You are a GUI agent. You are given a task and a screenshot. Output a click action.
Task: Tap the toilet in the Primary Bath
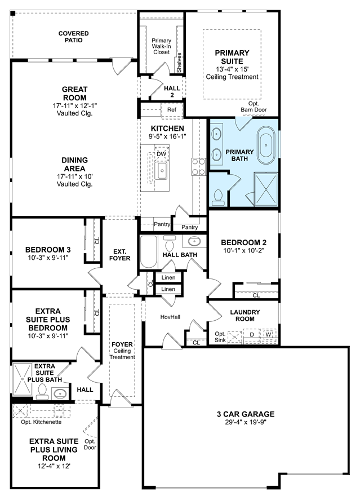tap(218, 198)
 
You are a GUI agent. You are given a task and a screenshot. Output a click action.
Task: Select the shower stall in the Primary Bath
tap(266, 189)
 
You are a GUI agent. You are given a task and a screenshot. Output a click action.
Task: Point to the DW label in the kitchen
tap(162, 154)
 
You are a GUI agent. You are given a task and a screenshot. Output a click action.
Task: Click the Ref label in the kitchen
tap(172, 110)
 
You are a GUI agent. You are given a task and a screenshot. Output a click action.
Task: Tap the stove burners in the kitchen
tap(198, 167)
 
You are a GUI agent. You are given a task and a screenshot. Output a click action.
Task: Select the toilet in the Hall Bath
tap(170, 243)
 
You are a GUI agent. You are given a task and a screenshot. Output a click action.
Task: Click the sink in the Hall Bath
tap(194, 241)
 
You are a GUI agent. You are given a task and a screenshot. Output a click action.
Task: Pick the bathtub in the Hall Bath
tap(149, 251)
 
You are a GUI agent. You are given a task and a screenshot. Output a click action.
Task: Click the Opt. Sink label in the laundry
tap(220, 337)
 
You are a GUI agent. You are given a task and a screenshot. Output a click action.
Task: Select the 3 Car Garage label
tap(246, 414)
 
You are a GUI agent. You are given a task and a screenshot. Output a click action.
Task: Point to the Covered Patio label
tap(74, 37)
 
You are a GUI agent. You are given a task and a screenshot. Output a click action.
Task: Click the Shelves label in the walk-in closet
tap(179, 63)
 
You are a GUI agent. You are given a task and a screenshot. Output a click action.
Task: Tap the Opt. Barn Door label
tap(254, 107)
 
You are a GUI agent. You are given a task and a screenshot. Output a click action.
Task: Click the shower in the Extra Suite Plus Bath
tap(23, 379)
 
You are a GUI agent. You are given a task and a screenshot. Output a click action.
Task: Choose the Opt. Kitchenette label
tap(42, 422)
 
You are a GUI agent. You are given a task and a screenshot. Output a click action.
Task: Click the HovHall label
tap(170, 317)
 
